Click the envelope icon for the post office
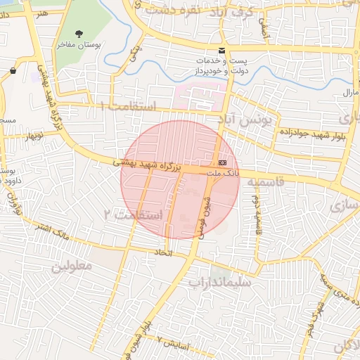[x=222, y=50]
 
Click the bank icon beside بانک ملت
[x=223, y=162]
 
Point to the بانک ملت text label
[x=225, y=172]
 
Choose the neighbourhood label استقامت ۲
[x=133, y=214]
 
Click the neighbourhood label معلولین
[x=72, y=266]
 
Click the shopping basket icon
[x=14, y=70]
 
